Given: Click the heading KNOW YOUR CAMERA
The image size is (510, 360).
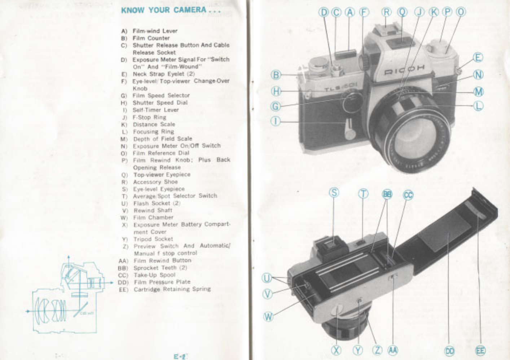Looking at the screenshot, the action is [x=171, y=10].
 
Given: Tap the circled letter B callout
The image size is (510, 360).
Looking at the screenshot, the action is [x=276, y=75].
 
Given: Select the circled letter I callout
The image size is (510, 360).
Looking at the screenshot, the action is [x=276, y=121].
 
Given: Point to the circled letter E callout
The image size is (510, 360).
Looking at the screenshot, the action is [x=478, y=58].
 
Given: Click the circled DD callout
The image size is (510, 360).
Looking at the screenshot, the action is [x=450, y=350].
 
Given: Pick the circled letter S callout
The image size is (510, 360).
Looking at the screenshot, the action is [x=334, y=192].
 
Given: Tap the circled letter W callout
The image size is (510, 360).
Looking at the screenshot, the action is [x=268, y=317].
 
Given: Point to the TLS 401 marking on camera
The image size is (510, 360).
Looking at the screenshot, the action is [x=340, y=88].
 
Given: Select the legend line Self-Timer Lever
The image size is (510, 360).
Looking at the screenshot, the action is [x=155, y=110].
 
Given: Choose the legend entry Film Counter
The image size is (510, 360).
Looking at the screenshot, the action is [x=151, y=38].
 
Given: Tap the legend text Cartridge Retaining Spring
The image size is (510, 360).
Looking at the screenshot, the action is [x=172, y=289].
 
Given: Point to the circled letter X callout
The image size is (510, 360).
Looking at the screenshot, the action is [x=337, y=350].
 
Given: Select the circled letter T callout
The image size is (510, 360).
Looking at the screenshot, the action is [x=363, y=194].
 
